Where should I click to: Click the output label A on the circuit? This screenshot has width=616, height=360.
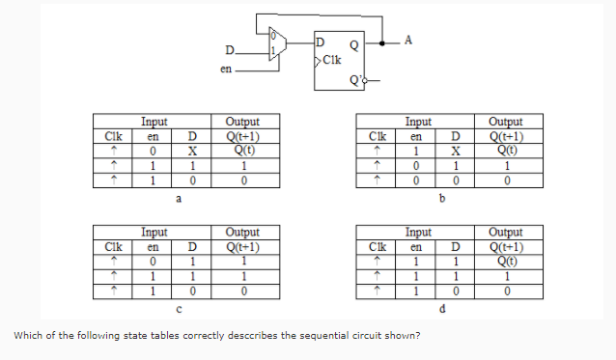pos(408,40)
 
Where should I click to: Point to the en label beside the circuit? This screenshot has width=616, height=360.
pos(226,69)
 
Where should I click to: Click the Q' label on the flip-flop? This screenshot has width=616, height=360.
pos(355,80)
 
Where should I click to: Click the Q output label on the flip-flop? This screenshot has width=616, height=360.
pos(354,43)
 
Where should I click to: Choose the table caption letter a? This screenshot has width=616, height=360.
pos(177,198)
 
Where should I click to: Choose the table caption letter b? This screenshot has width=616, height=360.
pos(441,198)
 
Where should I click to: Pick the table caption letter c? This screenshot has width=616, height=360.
pos(177,309)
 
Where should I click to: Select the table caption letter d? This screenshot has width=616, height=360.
pos(441,309)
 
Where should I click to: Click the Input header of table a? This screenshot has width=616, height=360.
pos(154,123)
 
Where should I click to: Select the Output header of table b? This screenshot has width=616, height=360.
pos(505,123)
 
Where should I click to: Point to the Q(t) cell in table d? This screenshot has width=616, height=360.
pos(505,261)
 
